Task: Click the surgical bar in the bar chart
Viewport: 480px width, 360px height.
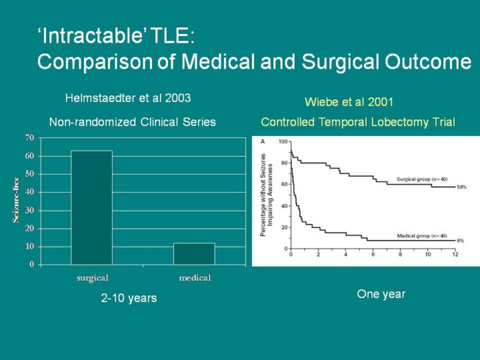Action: click(92, 207)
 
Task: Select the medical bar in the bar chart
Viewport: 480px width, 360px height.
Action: click(194, 253)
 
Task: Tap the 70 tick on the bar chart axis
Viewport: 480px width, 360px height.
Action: click(29, 138)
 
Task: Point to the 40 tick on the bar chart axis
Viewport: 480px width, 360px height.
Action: click(29, 192)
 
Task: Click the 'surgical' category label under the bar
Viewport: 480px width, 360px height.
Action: click(93, 277)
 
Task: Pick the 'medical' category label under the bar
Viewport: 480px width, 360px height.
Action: click(195, 277)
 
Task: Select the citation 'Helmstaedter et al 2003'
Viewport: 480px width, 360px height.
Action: click(128, 98)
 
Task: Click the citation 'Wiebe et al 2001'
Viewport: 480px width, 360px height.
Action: click(349, 102)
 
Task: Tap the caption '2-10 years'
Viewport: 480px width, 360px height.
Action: click(129, 298)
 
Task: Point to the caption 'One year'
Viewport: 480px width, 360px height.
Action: click(381, 294)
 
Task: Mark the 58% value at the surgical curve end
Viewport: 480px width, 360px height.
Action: click(461, 187)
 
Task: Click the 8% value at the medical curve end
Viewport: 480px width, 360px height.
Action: click(460, 241)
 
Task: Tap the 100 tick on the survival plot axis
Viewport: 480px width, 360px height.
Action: click(283, 142)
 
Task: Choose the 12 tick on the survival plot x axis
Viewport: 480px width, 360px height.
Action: click(455, 255)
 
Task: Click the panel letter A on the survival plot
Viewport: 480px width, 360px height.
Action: click(262, 141)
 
